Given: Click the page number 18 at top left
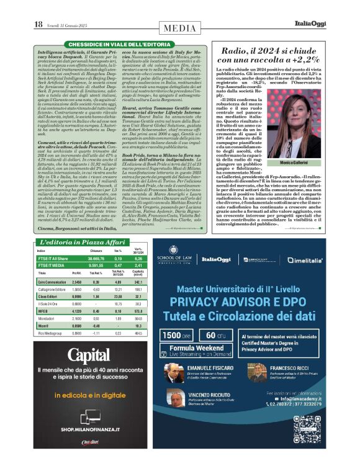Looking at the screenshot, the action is [x=38, y=24].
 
